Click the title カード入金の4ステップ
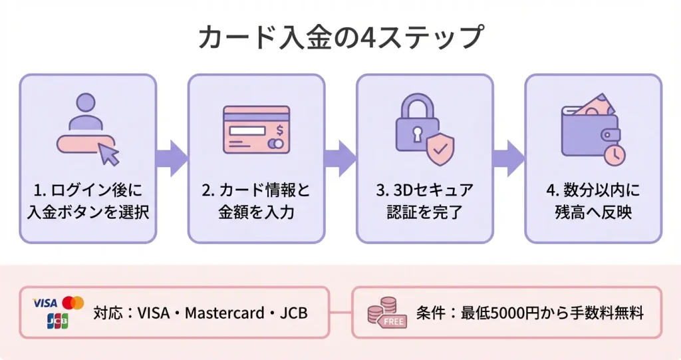click(x=340, y=37)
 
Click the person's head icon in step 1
click(x=86, y=103)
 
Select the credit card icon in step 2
click(x=256, y=130)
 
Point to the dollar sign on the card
click(x=279, y=130)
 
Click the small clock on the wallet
click(x=614, y=154)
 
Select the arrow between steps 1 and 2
click(x=172, y=158)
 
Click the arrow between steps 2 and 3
click(x=340, y=158)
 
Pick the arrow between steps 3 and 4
click(x=509, y=158)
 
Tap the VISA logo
click(x=45, y=303)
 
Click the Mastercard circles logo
click(x=75, y=303)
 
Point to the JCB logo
click(x=59, y=321)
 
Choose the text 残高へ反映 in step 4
click(x=593, y=213)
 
